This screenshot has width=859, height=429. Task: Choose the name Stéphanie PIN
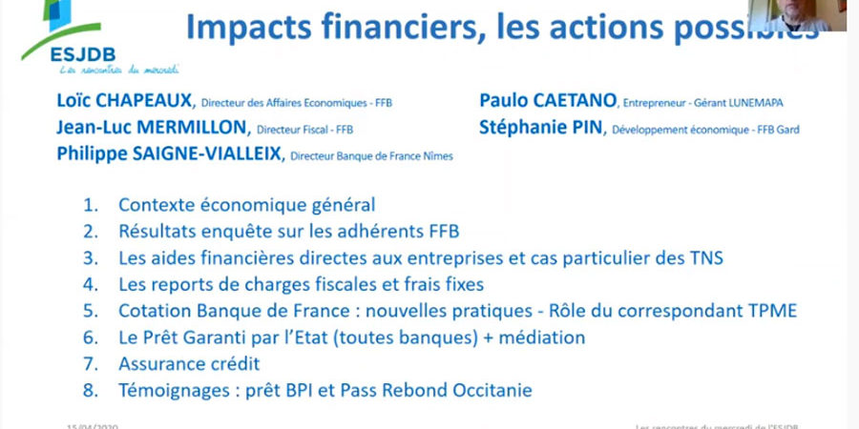[x=542, y=128]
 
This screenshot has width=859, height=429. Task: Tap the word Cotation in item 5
[x=153, y=311]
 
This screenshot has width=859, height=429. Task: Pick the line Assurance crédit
[x=189, y=363]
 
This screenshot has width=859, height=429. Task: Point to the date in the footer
[x=91, y=424]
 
